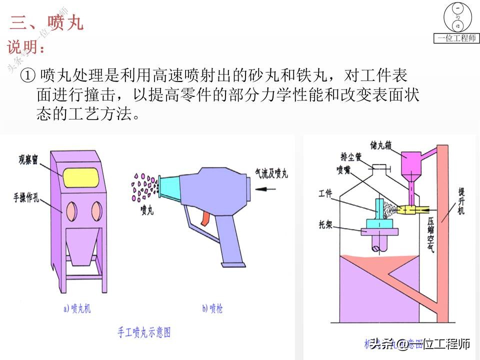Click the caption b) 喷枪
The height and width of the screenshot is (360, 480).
(x=212, y=308)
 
